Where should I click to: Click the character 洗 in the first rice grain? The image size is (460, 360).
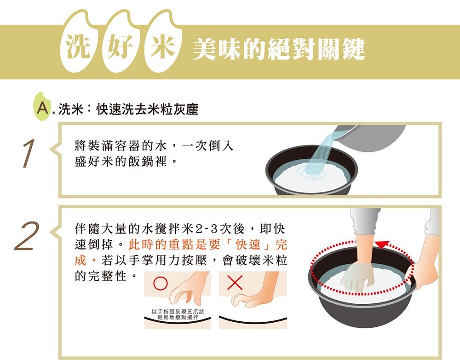click(77, 46)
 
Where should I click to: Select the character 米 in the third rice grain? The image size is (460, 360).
click(162, 47)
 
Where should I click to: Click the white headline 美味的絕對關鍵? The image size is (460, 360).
click(279, 49)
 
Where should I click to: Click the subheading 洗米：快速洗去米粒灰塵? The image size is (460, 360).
click(128, 109)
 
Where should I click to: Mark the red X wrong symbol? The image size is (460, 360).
click(235, 283)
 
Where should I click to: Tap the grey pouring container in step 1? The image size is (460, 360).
click(373, 138)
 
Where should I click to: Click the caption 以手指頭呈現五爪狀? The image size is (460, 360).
click(178, 312)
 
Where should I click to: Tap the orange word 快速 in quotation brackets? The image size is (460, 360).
click(248, 244)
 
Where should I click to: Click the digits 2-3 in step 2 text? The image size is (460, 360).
click(207, 229)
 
